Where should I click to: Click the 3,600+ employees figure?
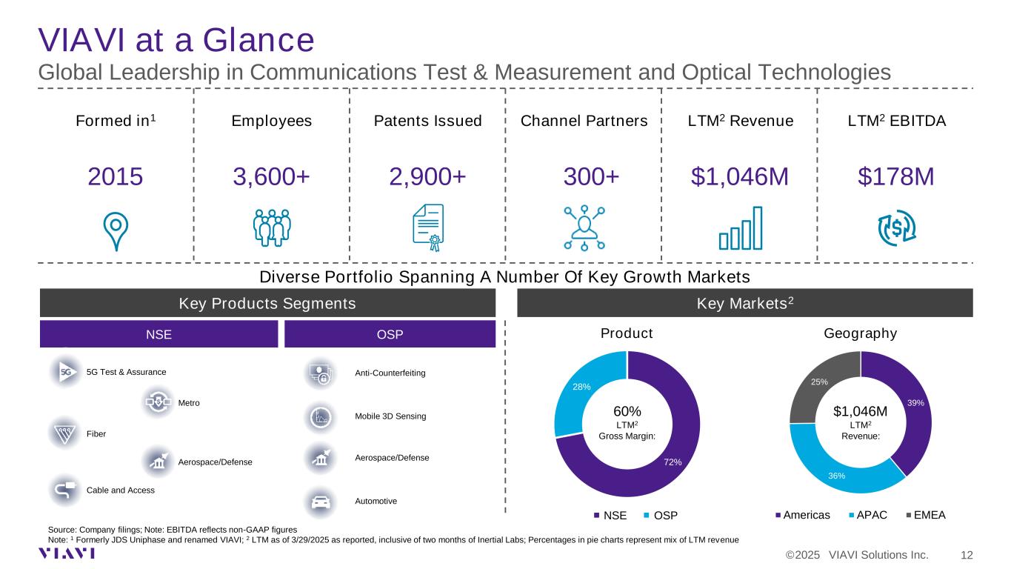[x=271, y=177]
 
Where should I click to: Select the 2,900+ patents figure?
[x=427, y=177]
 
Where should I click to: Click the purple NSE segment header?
[x=159, y=334]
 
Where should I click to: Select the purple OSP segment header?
[x=390, y=334]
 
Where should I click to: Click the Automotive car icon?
[x=320, y=502]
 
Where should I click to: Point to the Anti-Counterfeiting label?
[x=390, y=373]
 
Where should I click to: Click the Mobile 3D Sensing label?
[x=390, y=416]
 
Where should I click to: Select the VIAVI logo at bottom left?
[x=69, y=553]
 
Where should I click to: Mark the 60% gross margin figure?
[x=627, y=411]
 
